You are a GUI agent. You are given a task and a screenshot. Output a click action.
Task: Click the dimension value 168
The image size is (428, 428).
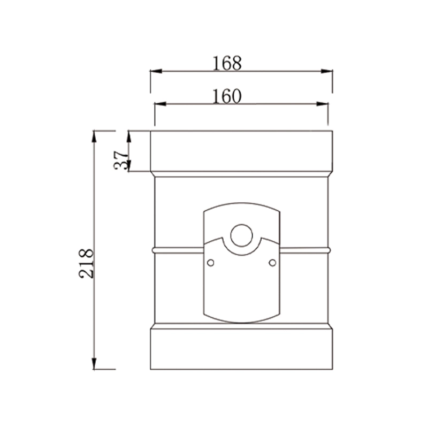[x=227, y=63]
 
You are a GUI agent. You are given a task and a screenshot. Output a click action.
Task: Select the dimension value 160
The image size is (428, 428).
[x=227, y=96]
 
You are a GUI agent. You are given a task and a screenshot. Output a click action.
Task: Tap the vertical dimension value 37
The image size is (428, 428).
[x=122, y=159]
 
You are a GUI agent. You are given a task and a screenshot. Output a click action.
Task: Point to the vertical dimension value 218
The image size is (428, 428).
[x=87, y=263]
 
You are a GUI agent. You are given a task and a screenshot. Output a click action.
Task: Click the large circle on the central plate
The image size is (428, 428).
[x=241, y=236]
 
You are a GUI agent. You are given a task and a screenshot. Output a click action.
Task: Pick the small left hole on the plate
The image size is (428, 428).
[x=211, y=262]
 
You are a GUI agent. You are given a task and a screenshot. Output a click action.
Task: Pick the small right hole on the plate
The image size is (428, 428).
[x=272, y=262]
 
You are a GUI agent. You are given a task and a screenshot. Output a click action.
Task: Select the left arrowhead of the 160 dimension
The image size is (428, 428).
[x=159, y=104]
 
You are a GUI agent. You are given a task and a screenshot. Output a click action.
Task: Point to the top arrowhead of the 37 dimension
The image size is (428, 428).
[x=128, y=135]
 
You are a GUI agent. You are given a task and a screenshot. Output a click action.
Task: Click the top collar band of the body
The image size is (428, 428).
[x=241, y=152]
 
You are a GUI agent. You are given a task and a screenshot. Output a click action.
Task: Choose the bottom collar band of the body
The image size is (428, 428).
[x=241, y=348]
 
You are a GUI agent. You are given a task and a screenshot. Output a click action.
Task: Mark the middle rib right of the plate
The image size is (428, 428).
[x=304, y=249]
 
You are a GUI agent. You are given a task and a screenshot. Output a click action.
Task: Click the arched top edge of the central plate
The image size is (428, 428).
[x=241, y=204]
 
